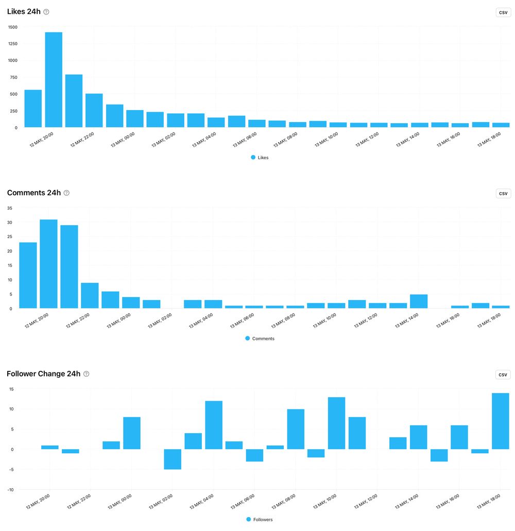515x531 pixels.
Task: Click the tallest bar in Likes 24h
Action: (x=54, y=80)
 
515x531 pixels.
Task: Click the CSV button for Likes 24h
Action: (x=503, y=12)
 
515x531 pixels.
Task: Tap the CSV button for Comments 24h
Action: (x=503, y=194)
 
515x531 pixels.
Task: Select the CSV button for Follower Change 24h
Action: (x=503, y=374)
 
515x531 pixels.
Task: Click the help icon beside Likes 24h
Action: (x=46, y=12)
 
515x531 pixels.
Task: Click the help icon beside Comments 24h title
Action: (x=66, y=193)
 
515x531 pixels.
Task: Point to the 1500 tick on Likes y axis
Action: (x=12, y=27)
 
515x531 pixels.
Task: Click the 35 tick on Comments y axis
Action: (x=9, y=208)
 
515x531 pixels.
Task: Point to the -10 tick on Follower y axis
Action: (x=10, y=489)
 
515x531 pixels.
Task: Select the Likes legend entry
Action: (x=260, y=158)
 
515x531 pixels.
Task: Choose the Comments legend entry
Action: (x=260, y=338)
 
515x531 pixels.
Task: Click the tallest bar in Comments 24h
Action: (x=48, y=264)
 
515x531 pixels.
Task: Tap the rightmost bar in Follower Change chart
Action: (x=500, y=421)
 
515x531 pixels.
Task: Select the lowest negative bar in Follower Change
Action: (x=173, y=459)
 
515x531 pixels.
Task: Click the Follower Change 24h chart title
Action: (x=44, y=374)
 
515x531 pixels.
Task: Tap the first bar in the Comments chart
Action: (x=28, y=275)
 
